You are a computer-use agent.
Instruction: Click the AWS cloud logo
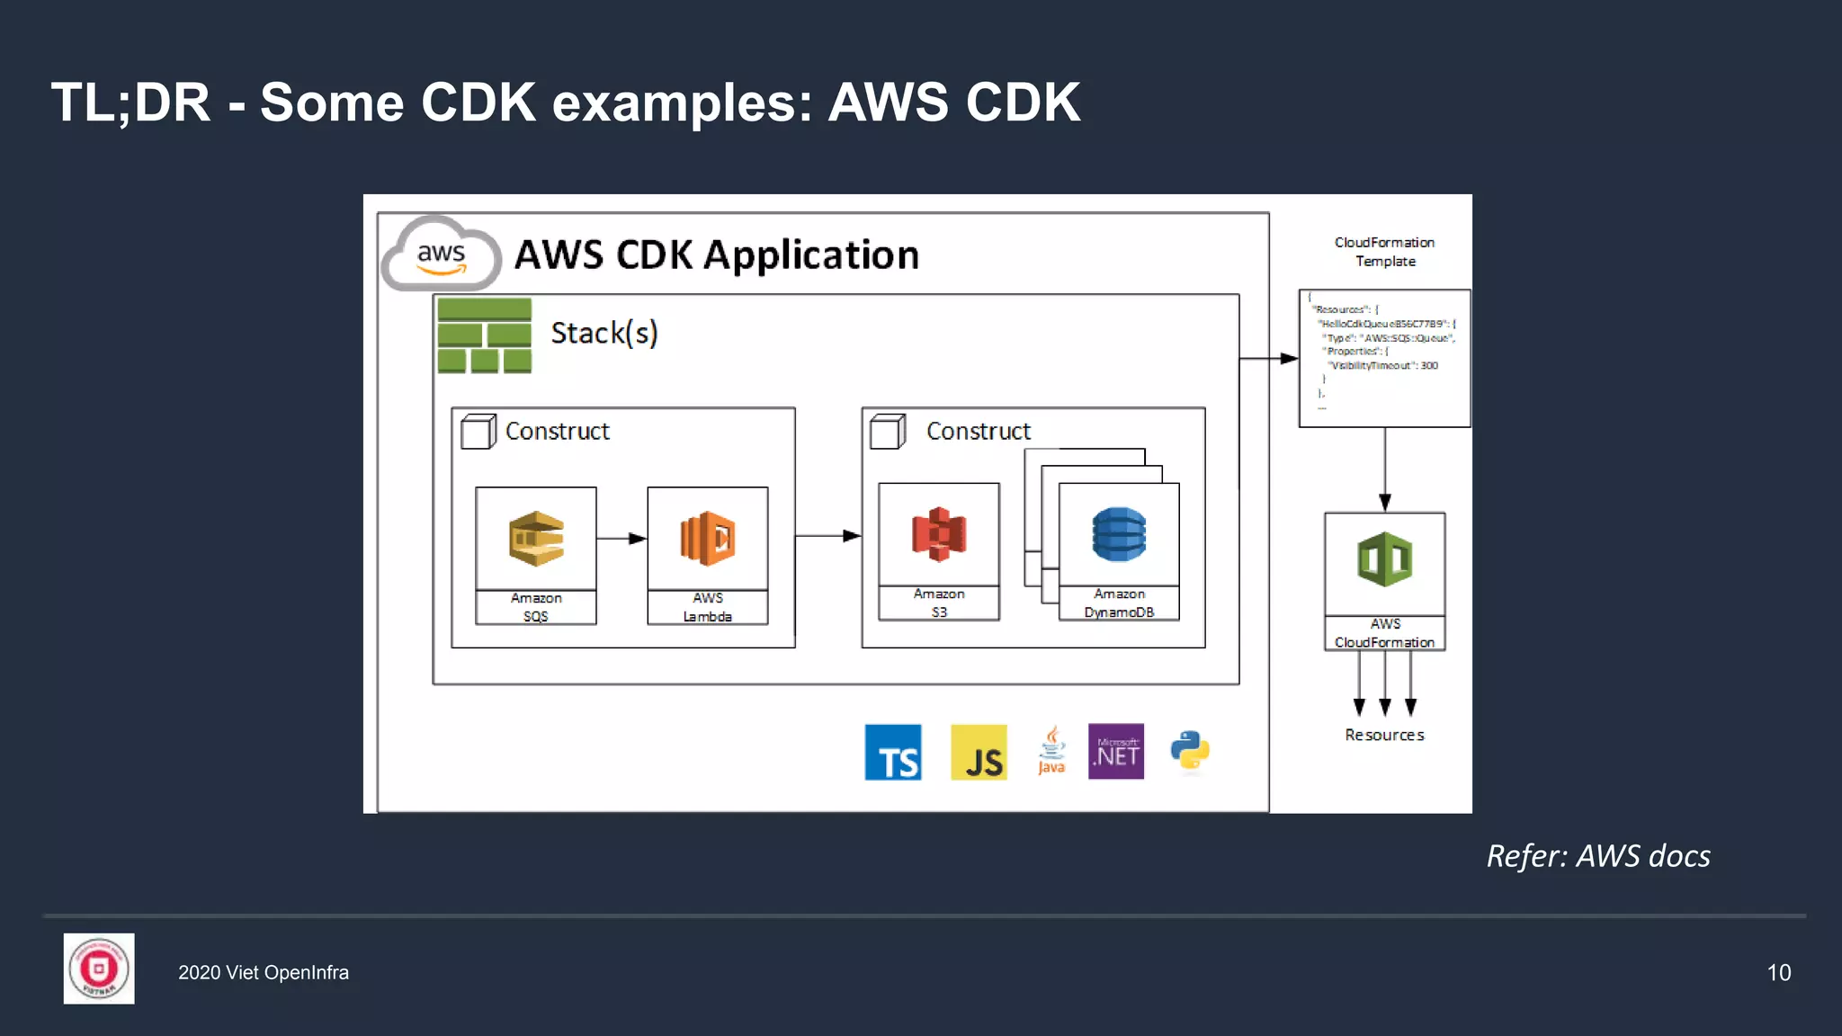tap(441, 255)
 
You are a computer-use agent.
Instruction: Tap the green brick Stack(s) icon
tap(484, 335)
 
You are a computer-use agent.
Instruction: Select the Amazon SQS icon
tap(536, 539)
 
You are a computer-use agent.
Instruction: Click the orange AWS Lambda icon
tap(708, 539)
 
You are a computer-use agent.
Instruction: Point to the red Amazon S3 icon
tap(939, 534)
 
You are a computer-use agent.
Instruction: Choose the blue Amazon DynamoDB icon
tap(1119, 534)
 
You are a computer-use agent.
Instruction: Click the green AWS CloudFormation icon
tap(1385, 559)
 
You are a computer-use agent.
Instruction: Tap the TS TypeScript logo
tap(893, 752)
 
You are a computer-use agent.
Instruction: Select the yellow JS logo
tap(979, 752)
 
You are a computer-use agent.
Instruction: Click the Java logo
tap(1051, 751)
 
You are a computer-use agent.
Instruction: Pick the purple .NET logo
tap(1116, 751)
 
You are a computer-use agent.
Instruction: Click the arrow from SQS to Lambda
tap(621, 539)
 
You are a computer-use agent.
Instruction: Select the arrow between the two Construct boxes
tap(827, 536)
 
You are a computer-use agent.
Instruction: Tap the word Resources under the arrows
tap(1384, 735)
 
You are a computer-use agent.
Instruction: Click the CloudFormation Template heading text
tap(1384, 252)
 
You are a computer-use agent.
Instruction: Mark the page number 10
tap(1778, 972)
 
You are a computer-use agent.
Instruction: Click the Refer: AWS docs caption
tap(1598, 856)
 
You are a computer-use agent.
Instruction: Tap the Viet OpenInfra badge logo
tap(99, 969)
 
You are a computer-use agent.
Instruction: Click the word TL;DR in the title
tap(130, 103)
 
